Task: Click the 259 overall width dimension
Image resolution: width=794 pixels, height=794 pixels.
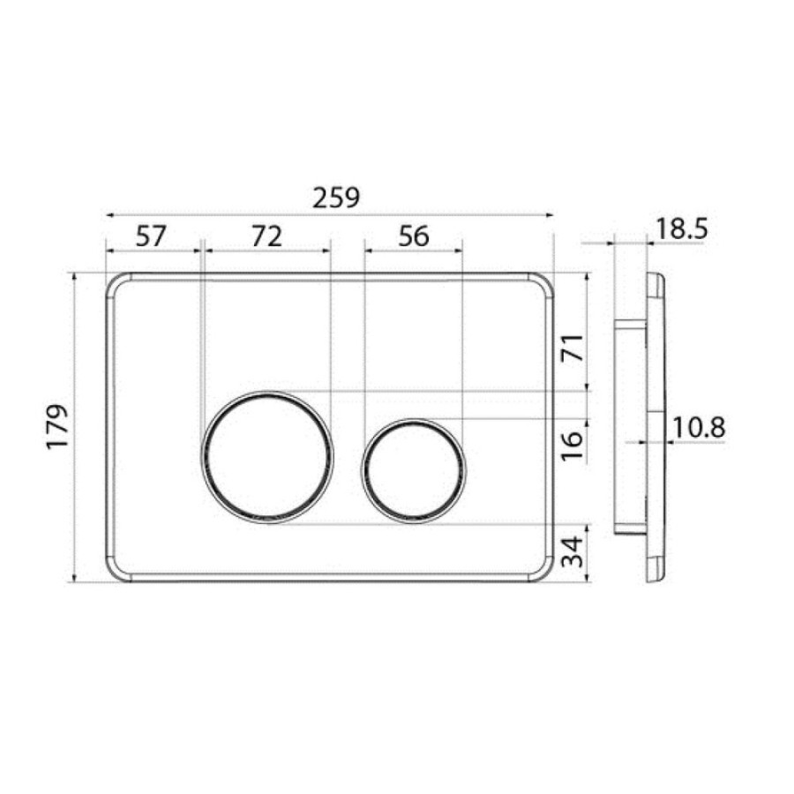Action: [336, 198]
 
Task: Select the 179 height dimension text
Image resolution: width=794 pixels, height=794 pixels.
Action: [57, 426]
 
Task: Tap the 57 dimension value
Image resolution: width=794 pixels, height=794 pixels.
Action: [151, 236]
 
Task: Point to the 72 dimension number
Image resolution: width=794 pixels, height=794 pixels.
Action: [266, 236]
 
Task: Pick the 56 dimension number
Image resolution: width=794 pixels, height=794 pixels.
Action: [414, 236]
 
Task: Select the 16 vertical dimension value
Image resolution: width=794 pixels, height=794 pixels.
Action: [572, 446]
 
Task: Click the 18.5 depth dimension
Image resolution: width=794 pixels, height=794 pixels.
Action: [682, 229]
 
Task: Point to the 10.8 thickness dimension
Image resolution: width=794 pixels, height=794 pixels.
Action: [699, 428]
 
